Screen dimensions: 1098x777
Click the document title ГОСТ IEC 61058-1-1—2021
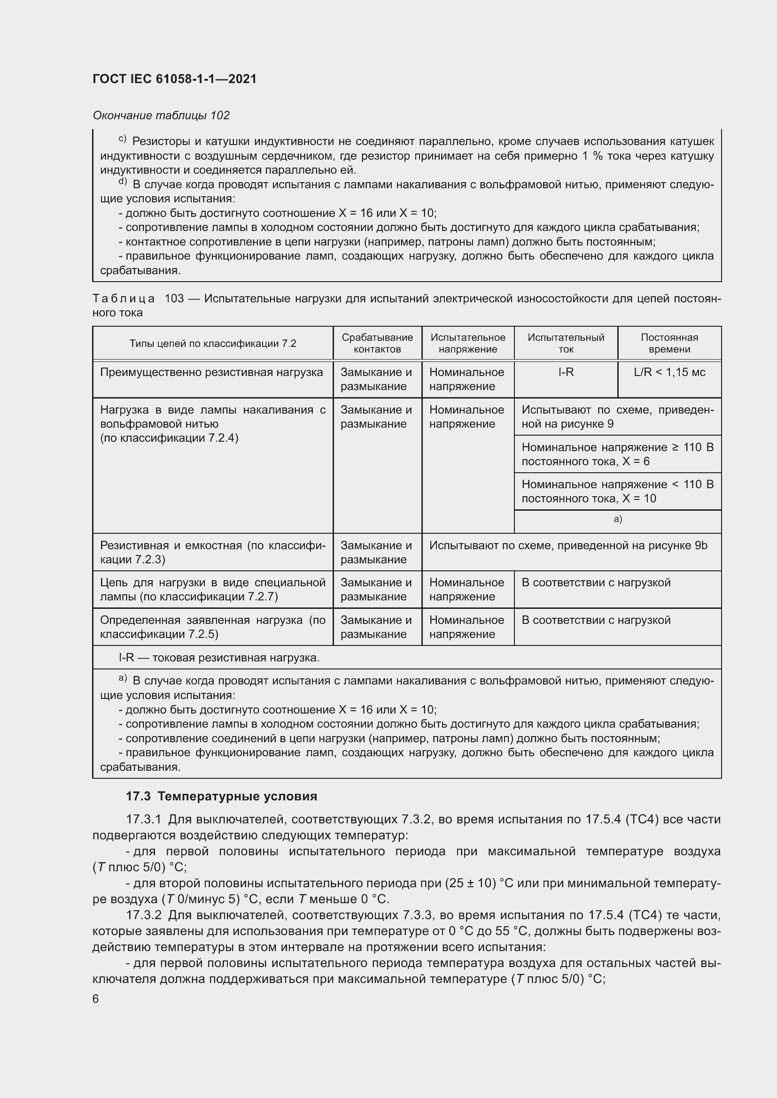tap(175, 79)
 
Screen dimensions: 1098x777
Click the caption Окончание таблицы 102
tap(161, 115)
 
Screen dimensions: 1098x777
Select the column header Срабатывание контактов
tap(377, 343)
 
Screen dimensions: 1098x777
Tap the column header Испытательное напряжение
tap(467, 343)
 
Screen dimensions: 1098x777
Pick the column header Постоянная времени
tap(669, 343)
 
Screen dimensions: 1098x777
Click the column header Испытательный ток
tap(566, 343)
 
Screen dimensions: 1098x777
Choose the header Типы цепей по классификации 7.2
tap(212, 343)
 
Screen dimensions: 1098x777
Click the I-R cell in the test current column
tap(566, 373)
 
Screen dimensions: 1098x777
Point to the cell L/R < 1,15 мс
tap(669, 373)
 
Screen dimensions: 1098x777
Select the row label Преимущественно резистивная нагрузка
tap(211, 373)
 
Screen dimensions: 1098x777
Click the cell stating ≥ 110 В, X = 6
tap(617, 454)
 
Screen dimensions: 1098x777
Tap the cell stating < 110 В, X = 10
tap(617, 491)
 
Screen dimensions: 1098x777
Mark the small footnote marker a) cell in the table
tap(617, 520)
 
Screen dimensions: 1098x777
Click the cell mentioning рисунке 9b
tap(568, 545)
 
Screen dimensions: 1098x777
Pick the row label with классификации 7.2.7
tap(212, 590)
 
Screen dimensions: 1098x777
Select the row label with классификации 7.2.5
tap(212, 627)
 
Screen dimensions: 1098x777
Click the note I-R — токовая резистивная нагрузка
tap(218, 658)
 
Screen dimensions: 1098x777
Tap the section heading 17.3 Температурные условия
tap(222, 796)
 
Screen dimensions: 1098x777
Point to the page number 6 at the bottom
tap(96, 998)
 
